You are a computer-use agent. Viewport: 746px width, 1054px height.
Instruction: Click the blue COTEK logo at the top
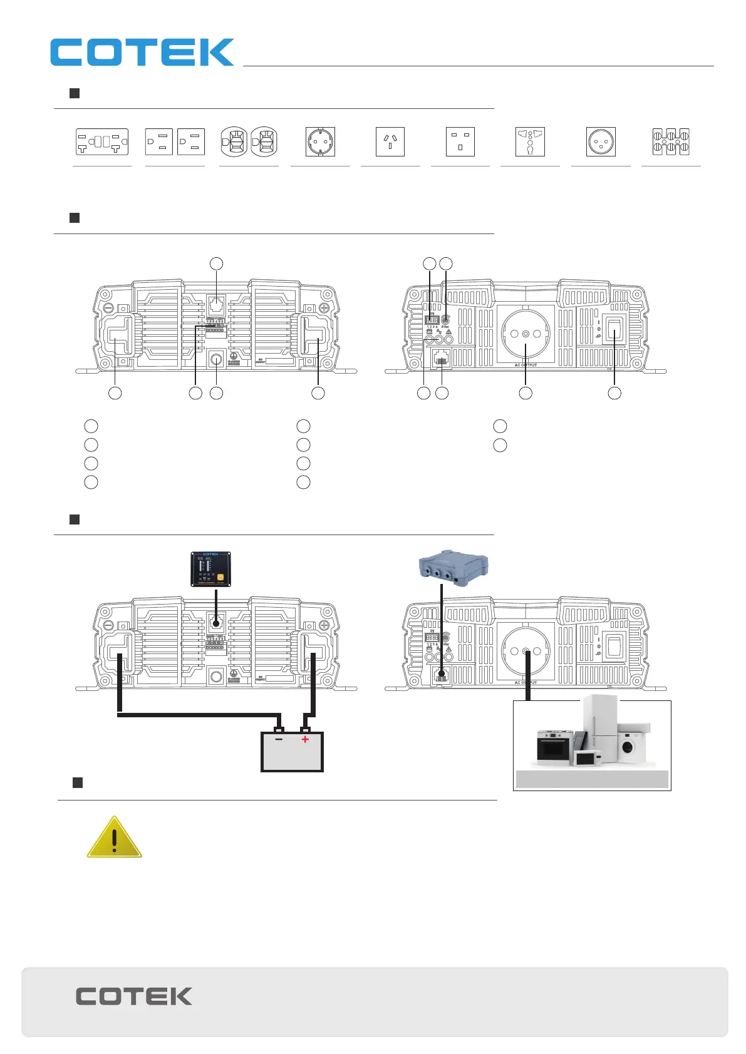point(142,53)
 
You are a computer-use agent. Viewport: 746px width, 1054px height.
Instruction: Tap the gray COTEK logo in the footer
point(134,996)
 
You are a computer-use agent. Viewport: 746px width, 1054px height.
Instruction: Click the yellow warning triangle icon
point(114,838)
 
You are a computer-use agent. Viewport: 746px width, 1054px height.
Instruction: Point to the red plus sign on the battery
point(305,739)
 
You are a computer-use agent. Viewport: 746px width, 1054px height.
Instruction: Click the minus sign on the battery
point(278,739)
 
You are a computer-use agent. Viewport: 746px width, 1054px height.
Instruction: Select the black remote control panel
point(210,569)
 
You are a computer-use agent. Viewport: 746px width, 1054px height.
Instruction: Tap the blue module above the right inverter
point(453,568)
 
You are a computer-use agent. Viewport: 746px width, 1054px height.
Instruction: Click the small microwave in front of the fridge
point(587,758)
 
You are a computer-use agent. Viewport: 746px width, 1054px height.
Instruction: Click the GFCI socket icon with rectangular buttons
point(102,142)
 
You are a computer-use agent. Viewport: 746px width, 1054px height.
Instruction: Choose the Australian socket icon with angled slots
point(390,142)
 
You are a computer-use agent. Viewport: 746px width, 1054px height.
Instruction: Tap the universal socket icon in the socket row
point(530,142)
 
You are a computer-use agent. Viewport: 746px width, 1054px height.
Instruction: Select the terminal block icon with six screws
point(671,142)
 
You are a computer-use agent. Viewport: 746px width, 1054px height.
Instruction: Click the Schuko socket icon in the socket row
point(320,142)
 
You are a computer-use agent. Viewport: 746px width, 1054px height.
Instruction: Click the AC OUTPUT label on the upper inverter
point(526,365)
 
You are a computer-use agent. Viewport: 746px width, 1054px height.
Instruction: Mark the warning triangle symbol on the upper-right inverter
point(448,332)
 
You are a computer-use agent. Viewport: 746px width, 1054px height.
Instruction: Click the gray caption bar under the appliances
point(592,779)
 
